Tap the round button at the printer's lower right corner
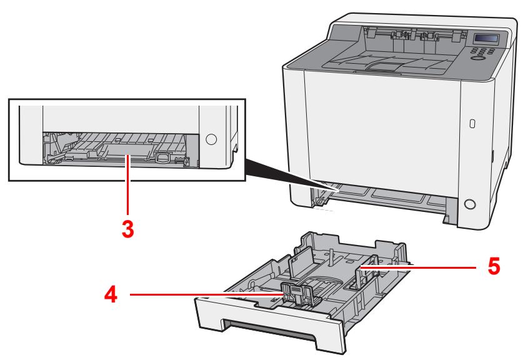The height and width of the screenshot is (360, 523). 469,204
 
